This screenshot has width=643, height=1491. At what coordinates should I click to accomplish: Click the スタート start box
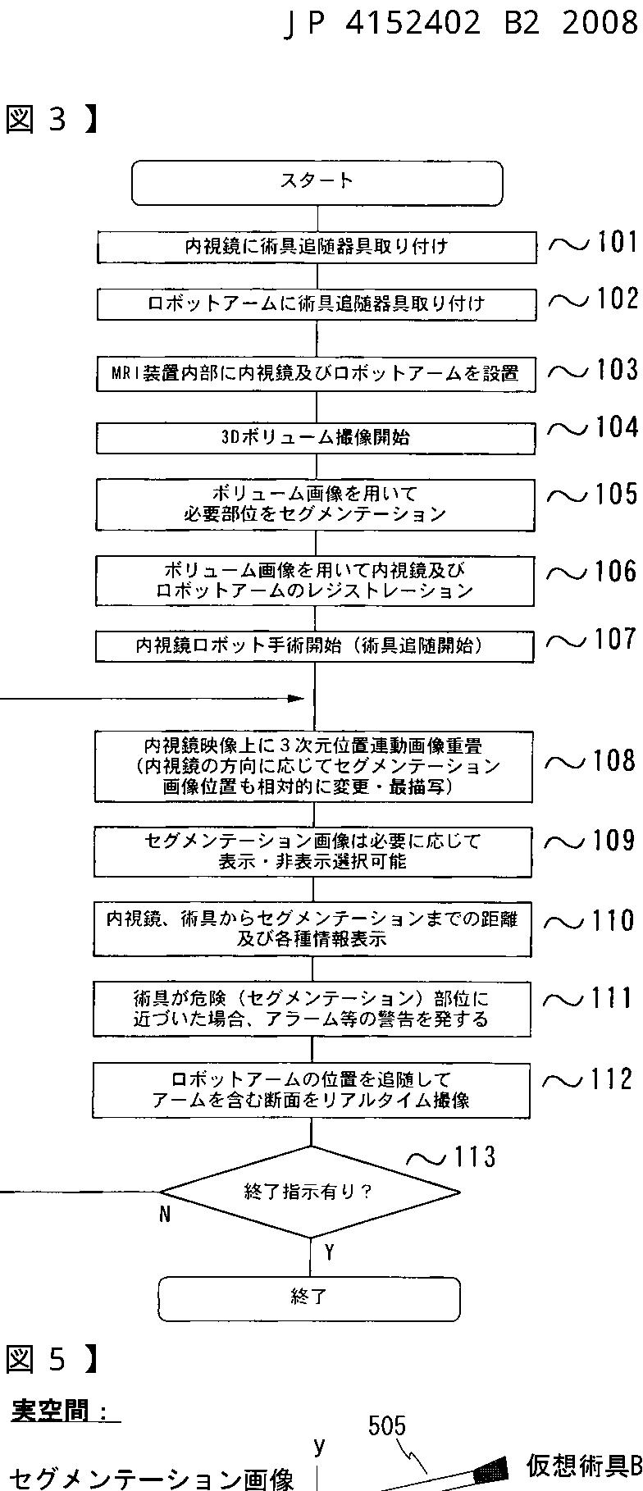click(317, 182)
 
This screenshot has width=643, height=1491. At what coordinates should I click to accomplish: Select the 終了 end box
click(308, 1297)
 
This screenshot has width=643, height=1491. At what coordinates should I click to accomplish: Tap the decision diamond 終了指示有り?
click(309, 1191)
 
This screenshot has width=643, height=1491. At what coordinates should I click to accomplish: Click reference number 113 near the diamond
click(474, 1156)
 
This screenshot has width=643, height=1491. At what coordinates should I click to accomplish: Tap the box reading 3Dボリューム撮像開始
click(316, 437)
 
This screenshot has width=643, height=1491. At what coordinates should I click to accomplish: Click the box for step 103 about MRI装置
click(316, 374)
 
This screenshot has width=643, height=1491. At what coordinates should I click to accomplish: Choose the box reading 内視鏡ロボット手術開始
click(315, 645)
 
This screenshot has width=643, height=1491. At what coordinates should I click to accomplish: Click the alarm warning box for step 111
click(311, 1009)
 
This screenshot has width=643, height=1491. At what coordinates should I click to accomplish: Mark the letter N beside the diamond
click(165, 1215)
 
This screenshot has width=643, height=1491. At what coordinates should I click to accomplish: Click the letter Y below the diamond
click(329, 1252)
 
